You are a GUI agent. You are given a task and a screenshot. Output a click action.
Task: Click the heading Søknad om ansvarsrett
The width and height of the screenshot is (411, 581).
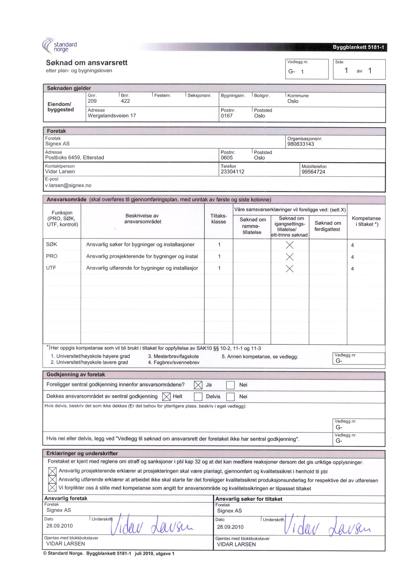[87, 62]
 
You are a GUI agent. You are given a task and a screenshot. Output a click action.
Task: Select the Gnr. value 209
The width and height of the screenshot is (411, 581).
[92, 101]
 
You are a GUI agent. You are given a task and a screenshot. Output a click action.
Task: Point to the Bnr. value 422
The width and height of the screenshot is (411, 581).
[125, 101]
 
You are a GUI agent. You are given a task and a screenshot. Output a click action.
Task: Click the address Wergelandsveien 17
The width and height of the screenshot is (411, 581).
[112, 116]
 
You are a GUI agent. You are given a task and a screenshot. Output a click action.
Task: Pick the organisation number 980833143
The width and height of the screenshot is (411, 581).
[300, 144]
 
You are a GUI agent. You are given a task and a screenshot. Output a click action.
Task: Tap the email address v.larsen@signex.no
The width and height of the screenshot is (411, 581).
[68, 185]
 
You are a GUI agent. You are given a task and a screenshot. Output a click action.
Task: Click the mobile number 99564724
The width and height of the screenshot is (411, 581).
[313, 172]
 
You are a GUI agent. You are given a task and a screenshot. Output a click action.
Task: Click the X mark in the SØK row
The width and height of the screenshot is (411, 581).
[289, 245]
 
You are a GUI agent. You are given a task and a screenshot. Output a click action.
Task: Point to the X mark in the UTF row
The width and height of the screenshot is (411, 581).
[289, 269]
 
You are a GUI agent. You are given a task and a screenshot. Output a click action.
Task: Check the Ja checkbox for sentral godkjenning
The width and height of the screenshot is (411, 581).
[198, 385]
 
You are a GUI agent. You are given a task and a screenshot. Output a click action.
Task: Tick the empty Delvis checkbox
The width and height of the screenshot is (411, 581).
[198, 397]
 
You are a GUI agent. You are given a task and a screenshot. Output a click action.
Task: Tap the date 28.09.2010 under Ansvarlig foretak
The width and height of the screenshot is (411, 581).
[59, 526]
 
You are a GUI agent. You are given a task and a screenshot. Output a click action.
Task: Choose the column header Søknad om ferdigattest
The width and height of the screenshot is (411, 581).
[328, 226]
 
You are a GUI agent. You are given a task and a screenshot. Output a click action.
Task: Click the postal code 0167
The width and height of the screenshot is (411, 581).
[226, 116]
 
